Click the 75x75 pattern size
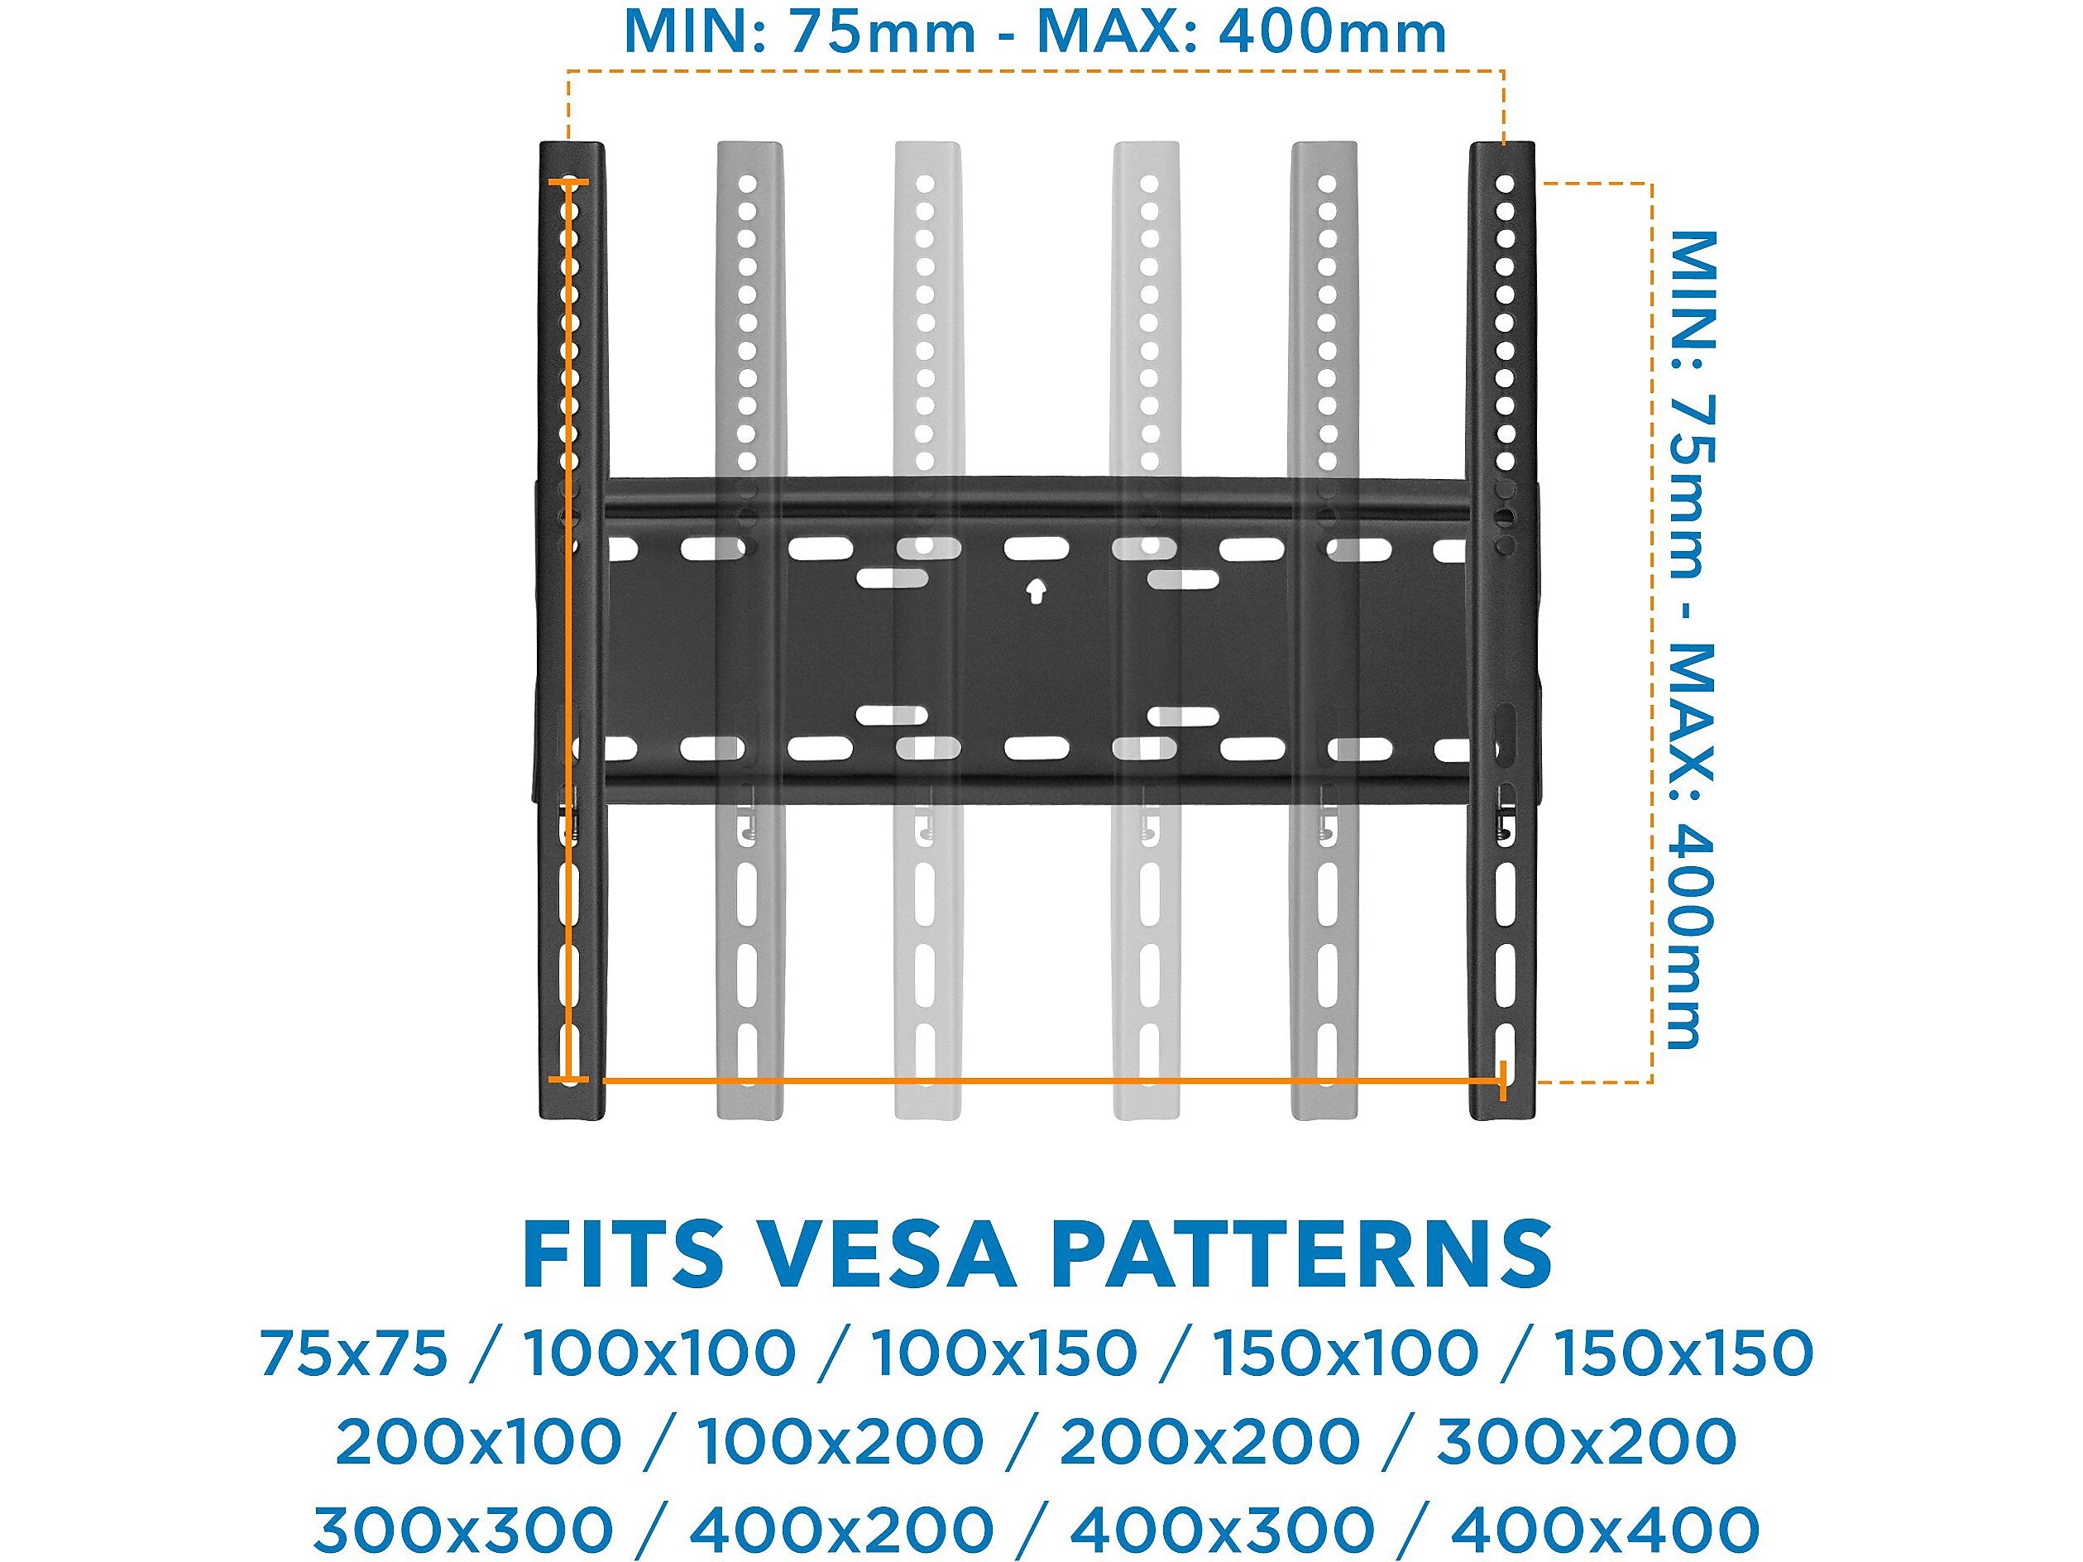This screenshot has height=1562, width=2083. click(353, 1354)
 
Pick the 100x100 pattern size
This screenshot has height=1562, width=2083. click(660, 1354)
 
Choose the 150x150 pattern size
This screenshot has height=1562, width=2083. click(1682, 1354)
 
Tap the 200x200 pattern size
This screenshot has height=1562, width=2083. click(1210, 1441)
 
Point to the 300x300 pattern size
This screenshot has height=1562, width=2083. click(463, 1530)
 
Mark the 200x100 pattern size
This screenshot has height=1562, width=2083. click(478, 1441)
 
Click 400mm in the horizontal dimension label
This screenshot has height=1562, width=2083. click(1333, 34)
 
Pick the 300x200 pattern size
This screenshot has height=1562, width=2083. click(1586, 1441)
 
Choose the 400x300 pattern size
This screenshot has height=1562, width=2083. click(1221, 1530)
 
